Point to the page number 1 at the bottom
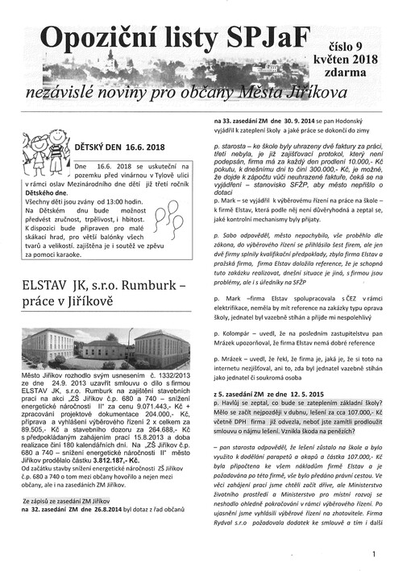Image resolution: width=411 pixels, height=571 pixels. coord(375,553)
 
